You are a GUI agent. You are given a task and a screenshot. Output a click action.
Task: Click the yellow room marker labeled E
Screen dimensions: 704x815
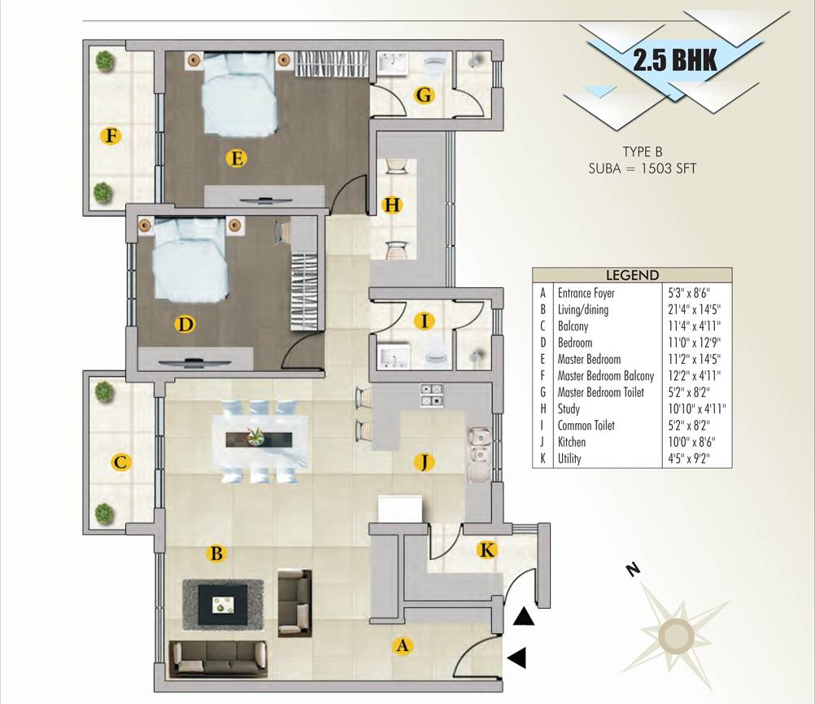click(x=237, y=159)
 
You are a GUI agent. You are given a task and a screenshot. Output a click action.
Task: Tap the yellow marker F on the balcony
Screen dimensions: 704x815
click(x=111, y=135)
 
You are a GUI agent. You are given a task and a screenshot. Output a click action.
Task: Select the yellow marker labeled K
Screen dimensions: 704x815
click(x=486, y=551)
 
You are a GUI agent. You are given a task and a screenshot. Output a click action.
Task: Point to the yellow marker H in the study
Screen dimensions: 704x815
click(x=393, y=205)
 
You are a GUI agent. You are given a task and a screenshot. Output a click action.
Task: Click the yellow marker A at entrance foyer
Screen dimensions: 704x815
click(x=400, y=646)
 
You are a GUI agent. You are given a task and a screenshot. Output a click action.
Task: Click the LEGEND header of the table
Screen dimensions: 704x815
click(x=632, y=276)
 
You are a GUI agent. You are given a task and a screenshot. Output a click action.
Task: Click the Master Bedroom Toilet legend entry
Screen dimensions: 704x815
click(x=600, y=392)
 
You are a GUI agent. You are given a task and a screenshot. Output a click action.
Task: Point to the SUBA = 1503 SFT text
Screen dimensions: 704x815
click(x=643, y=169)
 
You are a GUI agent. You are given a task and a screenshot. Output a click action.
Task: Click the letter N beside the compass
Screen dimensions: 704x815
click(x=630, y=571)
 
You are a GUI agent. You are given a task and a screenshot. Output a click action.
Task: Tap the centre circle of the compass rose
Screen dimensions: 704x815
click(x=676, y=634)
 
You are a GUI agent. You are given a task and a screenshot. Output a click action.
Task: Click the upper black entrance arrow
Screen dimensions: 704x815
click(x=524, y=618)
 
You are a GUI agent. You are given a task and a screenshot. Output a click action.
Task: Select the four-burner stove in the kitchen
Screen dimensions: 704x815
click(x=430, y=395)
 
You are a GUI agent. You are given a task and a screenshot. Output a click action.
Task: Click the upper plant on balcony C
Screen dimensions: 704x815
click(x=103, y=393)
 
